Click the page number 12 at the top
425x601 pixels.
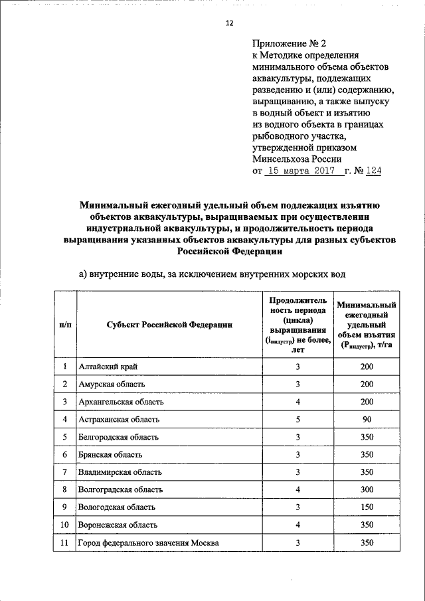coord(229,23)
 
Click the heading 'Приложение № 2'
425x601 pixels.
coord(284,43)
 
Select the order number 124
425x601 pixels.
coord(372,171)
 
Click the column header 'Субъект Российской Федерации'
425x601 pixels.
coord(169,324)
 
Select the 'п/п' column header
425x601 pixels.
coord(65,324)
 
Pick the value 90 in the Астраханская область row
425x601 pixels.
coord(367,420)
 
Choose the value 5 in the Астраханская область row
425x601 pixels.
coord(298,420)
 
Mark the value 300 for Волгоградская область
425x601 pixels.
coord(367,489)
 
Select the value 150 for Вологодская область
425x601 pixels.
coord(367,507)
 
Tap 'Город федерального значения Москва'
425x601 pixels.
coord(149,543)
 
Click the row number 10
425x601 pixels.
coord(65,525)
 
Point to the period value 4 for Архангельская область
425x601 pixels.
coord(298,402)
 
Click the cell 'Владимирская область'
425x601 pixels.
coord(120,472)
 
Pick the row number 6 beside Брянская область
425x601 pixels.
coord(65,455)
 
